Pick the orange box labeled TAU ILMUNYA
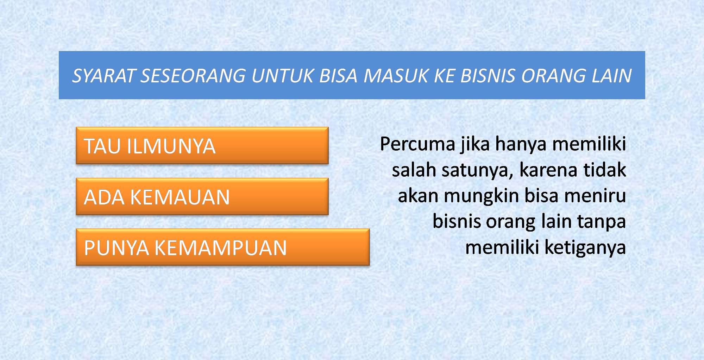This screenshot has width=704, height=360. (x=202, y=146)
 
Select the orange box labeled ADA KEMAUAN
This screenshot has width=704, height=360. (x=202, y=196)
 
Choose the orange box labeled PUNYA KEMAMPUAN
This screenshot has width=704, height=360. (x=222, y=247)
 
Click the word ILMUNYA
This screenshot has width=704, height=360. (x=171, y=146)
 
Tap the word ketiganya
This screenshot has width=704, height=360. (x=585, y=248)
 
